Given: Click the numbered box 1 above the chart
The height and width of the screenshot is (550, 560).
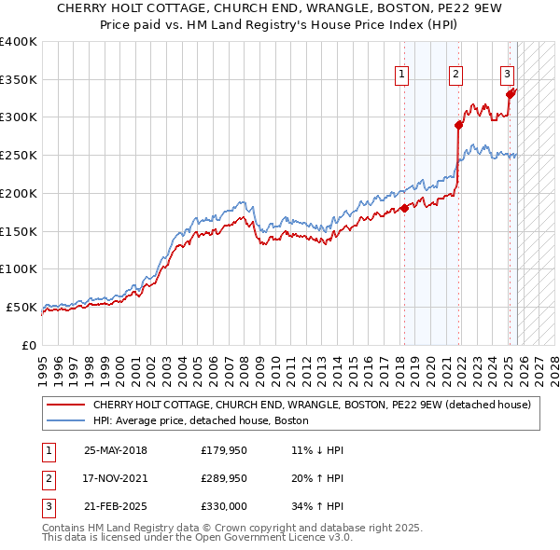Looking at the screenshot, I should (x=401, y=75).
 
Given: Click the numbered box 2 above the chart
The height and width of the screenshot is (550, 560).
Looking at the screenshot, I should (x=455, y=75).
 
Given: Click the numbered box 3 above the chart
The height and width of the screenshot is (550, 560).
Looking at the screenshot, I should (x=507, y=75).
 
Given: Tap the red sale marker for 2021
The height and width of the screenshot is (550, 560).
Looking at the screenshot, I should (x=458, y=124).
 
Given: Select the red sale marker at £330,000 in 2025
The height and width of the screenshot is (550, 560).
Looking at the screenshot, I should (x=510, y=93).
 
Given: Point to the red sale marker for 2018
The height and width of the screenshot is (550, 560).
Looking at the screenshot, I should (x=404, y=208).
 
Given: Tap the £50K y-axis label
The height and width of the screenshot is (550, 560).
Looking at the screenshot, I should (x=21, y=307).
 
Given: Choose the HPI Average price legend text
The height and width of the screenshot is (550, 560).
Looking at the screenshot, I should (x=202, y=421).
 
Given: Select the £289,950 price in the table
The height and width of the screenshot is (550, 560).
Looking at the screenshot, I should (x=224, y=478).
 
